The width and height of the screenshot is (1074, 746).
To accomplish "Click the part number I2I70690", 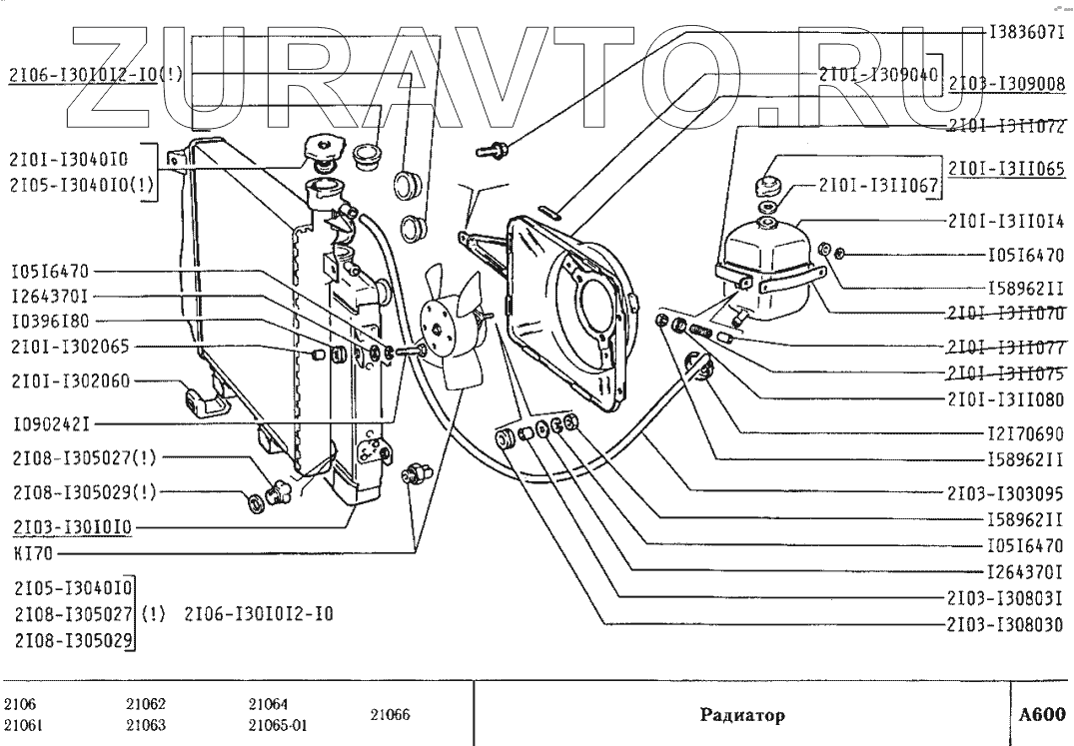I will [x=1026, y=434].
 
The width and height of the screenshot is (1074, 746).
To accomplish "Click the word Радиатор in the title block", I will [x=738, y=715].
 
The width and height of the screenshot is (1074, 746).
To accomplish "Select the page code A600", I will [x=1042, y=715].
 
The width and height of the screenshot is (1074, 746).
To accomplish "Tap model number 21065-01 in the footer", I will [x=277, y=725].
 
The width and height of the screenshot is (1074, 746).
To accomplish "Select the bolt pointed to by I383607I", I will [x=494, y=150].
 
